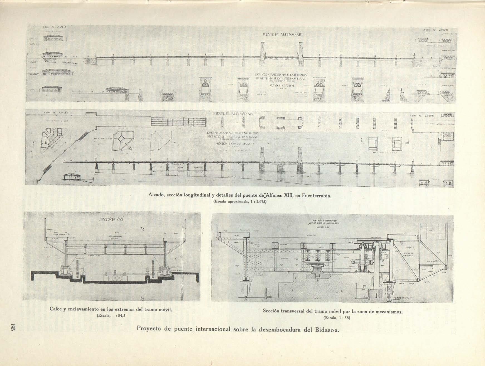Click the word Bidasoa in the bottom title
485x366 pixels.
pyautogui.click(x=325, y=329)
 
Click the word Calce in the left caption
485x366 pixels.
pyautogui.click(x=57, y=309)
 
